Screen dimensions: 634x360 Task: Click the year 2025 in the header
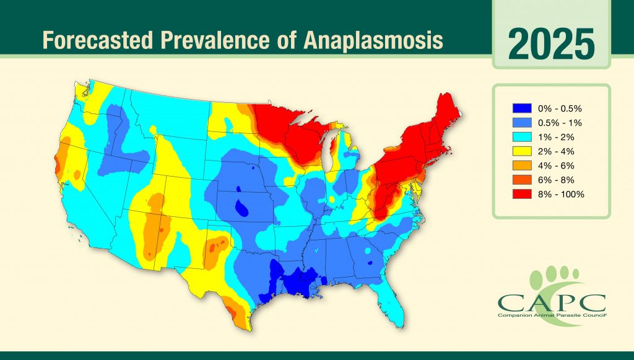tap(551, 44)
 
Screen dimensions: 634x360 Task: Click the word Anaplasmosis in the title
tap(372, 40)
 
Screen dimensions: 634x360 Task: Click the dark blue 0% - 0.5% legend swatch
tap(522, 108)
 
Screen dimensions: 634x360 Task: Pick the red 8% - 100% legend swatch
tap(522, 194)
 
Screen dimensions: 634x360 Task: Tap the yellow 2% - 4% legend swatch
tap(522, 151)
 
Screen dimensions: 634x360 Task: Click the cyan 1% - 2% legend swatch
tap(522, 137)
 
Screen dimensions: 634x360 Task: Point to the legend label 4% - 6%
tap(556, 166)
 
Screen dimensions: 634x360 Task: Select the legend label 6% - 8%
tap(556, 180)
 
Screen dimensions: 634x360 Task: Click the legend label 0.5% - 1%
tap(560, 123)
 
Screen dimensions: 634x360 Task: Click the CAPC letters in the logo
tap(552, 302)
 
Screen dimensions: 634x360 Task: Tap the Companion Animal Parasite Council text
tap(552, 315)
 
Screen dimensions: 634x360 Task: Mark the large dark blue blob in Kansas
tap(242, 208)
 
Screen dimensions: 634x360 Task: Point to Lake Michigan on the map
tap(329, 154)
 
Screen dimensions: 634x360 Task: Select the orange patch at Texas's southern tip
tap(236, 312)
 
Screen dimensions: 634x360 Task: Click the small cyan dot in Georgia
tap(368, 251)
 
